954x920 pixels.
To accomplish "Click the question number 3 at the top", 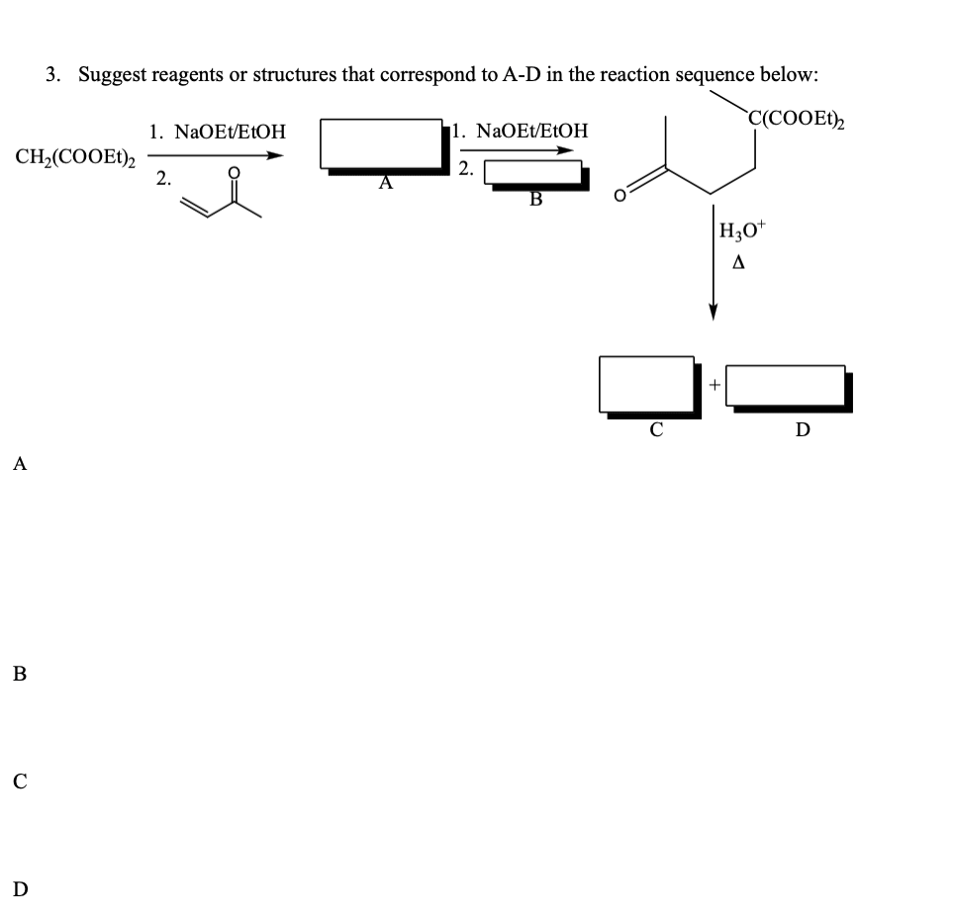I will pos(51,74).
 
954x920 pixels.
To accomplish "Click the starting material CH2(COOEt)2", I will pos(77,155).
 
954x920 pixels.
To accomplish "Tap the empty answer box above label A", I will pos(381,145).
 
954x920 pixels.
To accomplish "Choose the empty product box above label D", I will pos(786,385).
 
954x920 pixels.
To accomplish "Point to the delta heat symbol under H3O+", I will pos(737,264).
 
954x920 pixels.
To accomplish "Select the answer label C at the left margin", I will pos(20,781).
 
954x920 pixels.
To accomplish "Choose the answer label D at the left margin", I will pos(20,887).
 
